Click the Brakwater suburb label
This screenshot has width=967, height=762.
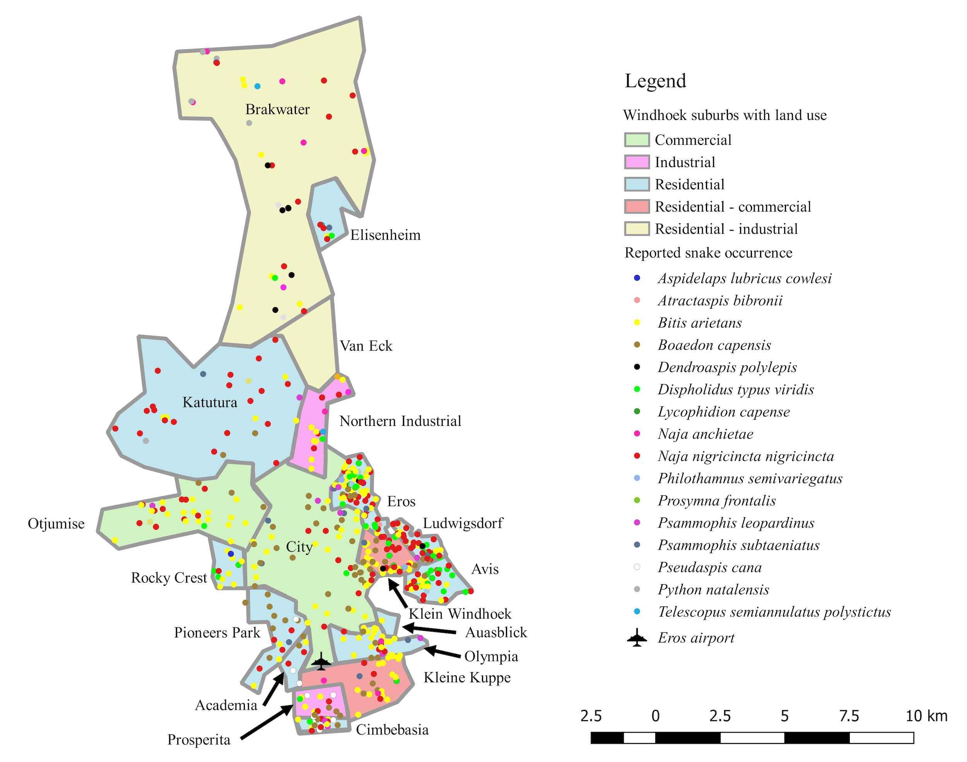pos(277,109)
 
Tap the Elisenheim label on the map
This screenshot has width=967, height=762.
pos(385,235)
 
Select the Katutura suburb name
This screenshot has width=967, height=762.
pos(210,402)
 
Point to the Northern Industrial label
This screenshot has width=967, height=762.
pos(400,421)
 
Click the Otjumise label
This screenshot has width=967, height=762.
pos(56,523)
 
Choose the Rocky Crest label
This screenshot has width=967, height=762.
pos(169,578)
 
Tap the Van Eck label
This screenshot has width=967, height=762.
pos(366,346)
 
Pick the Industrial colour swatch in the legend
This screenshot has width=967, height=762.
pos(637,162)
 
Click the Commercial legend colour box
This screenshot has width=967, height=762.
pos(637,140)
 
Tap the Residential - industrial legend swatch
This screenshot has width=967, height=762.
pos(637,229)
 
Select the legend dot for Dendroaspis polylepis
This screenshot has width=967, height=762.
pos(637,367)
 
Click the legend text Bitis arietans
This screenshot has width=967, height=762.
pos(699,323)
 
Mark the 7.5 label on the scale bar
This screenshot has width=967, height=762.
pos(848,716)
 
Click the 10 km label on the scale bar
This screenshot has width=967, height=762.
pos(926,716)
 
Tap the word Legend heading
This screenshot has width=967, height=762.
pos(655,81)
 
